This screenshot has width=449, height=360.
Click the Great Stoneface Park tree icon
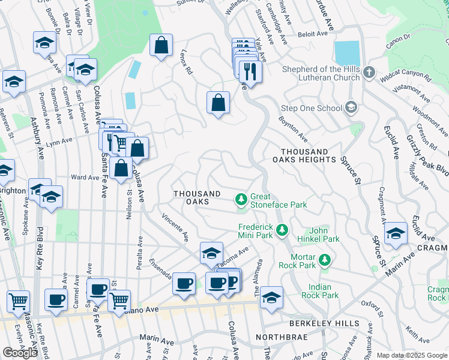click(241, 198)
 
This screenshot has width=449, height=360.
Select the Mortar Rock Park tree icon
click(325, 260)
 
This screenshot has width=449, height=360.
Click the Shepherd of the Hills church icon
click(369, 72)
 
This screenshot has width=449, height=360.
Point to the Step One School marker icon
click(351, 108)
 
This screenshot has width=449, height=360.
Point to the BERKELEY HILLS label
click(324, 323)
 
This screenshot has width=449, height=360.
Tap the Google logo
click(20, 353)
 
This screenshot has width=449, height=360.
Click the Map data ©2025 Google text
click(412, 355)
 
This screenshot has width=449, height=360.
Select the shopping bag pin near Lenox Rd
click(161, 46)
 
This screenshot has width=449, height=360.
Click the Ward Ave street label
click(85, 178)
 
